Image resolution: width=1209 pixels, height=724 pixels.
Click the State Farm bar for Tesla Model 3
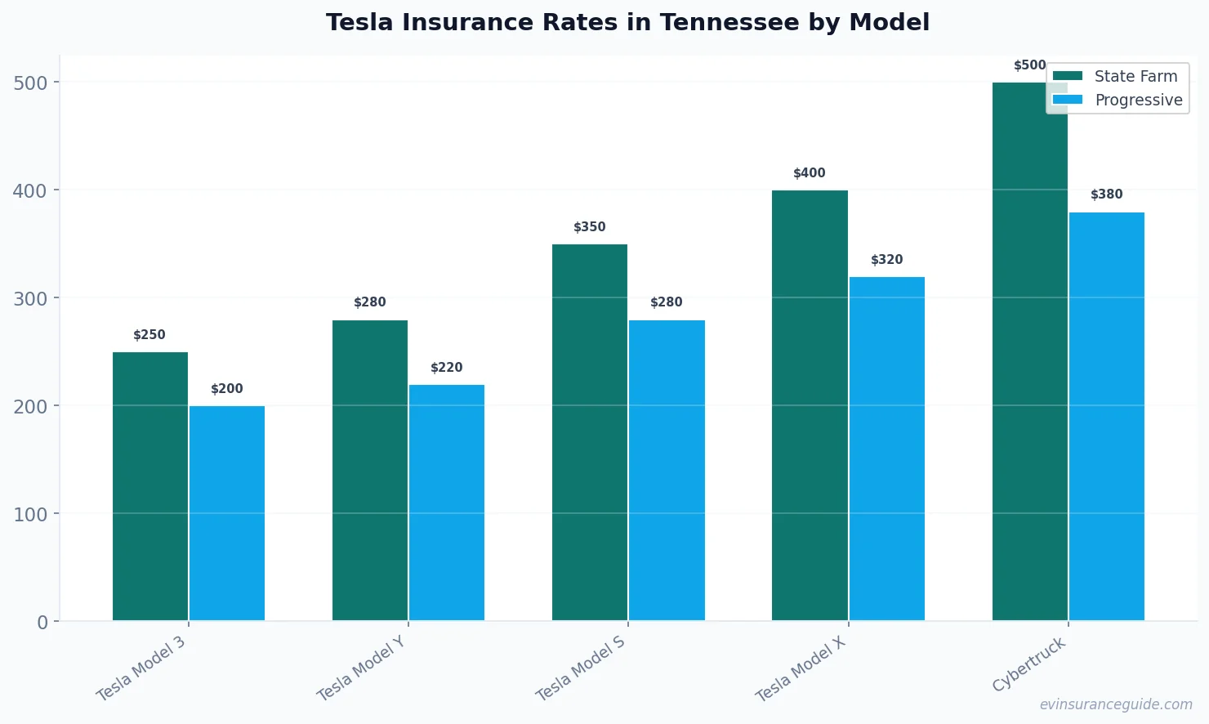point(150,486)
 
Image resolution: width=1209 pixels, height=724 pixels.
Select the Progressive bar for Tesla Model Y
point(447,503)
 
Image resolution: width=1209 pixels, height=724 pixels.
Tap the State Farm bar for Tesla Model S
point(590,432)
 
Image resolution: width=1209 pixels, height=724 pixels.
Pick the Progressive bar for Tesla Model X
point(887,449)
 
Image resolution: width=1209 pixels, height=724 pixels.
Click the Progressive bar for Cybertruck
point(1107,416)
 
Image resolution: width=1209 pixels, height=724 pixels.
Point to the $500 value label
point(1029,65)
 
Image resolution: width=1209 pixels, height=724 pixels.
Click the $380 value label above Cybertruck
point(1107,194)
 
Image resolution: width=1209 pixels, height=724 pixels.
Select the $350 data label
point(590,227)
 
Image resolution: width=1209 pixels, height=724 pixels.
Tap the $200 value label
point(227,389)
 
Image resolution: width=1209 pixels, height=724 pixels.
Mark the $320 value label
point(887,260)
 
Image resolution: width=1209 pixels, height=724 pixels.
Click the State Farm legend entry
point(1116,76)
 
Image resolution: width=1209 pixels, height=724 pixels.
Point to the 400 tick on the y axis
point(30,190)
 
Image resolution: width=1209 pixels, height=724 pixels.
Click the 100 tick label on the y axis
point(30,514)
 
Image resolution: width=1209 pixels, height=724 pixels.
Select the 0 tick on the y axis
point(42,622)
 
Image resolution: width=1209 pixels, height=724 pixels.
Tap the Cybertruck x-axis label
point(1029,664)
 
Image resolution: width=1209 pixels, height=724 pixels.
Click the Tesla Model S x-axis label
point(580,668)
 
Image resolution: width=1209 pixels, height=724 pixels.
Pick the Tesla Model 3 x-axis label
point(141,668)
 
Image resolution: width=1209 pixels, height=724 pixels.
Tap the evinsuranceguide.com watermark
point(1116,704)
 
